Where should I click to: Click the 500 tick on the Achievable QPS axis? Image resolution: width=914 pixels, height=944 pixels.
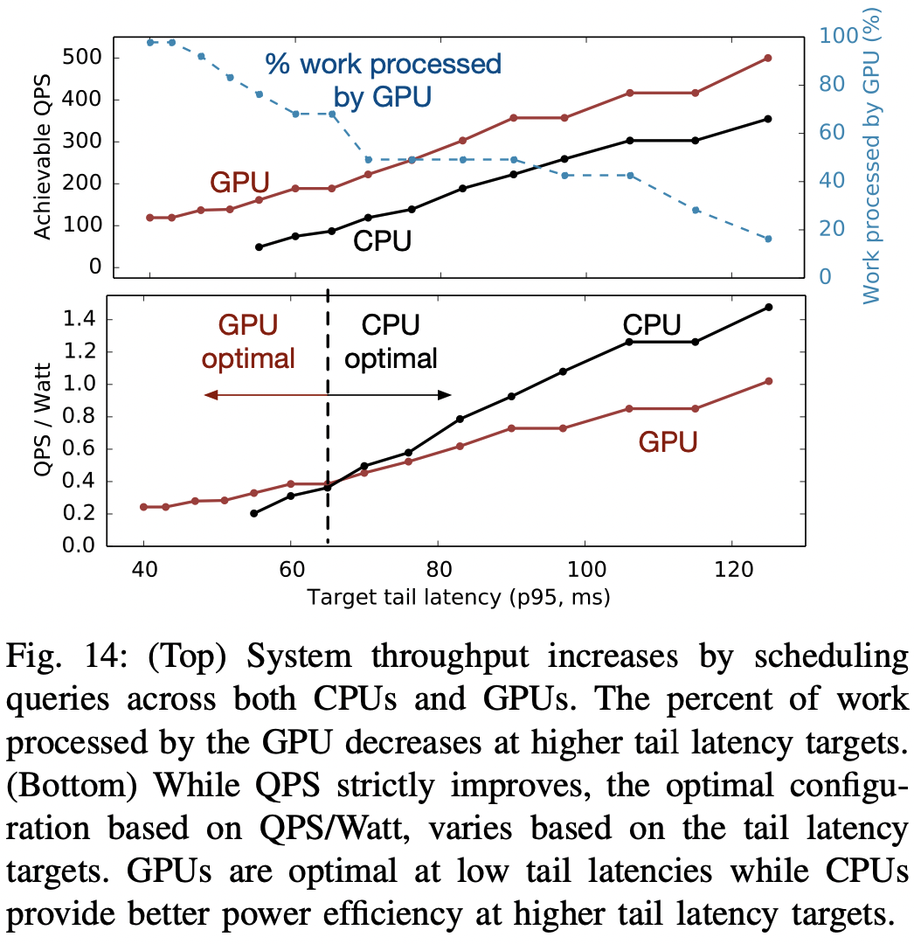[x=80, y=58]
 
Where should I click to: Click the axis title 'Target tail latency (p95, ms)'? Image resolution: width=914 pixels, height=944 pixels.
[x=458, y=598]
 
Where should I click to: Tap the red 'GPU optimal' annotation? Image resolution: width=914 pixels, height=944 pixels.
[x=247, y=342]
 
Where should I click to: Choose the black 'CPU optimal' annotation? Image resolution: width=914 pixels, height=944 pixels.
[x=391, y=342]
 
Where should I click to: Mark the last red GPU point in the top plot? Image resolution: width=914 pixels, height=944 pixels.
[x=768, y=58]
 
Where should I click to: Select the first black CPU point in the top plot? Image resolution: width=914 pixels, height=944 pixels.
[x=259, y=246]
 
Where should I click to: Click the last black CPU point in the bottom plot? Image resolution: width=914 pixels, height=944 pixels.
[x=768, y=307]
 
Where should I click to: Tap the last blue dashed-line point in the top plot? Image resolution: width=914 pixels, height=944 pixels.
[x=768, y=239]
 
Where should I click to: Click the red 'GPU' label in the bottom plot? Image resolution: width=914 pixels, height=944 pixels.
[x=668, y=442]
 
